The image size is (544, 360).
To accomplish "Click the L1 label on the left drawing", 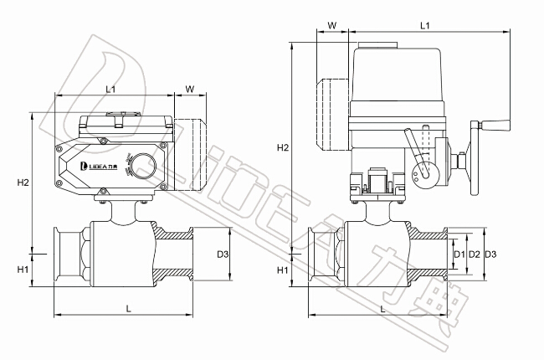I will click(x=111, y=88).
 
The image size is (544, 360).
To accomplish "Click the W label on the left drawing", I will click(x=189, y=88).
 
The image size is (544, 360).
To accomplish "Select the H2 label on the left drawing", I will click(x=23, y=183).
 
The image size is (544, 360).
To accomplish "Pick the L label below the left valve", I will click(x=128, y=308).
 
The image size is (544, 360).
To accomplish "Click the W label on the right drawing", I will click(x=332, y=26).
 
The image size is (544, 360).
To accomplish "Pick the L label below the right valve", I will click(x=382, y=308).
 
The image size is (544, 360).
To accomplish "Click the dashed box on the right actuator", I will click(x=332, y=115).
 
